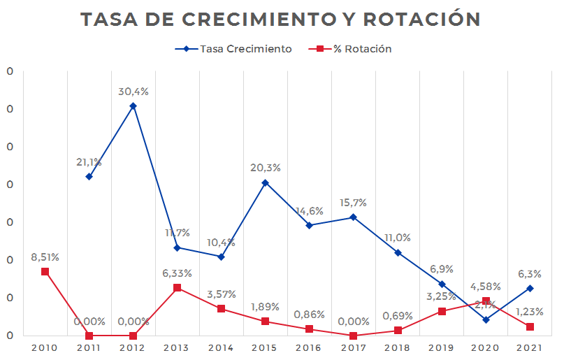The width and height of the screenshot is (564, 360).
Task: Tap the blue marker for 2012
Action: click(133, 106)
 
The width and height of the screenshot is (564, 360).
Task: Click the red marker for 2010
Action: click(45, 271)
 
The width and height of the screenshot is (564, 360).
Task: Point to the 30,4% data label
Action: click(133, 92)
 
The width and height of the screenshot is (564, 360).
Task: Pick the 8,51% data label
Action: click(45, 257)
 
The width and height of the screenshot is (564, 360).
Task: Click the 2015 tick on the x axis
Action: click(265, 347)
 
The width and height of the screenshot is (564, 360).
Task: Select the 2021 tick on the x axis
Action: click(530, 347)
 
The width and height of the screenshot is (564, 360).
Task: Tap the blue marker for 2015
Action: click(265, 182)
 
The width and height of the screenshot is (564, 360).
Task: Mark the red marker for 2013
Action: click(177, 288)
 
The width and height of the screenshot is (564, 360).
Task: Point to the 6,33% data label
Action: click(177, 273)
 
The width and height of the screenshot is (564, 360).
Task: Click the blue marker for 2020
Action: click(486, 319)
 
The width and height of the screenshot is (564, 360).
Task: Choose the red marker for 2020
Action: click(486, 301)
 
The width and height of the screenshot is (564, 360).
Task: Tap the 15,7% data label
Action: click(353, 203)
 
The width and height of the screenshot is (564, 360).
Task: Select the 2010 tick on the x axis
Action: click(45, 347)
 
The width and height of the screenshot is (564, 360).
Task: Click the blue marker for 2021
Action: click(530, 288)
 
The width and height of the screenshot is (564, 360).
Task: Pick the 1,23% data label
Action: click(530, 312)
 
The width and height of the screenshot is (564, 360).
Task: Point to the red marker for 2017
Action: click(353, 336)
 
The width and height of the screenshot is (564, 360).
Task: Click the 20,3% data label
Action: click(265, 168)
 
